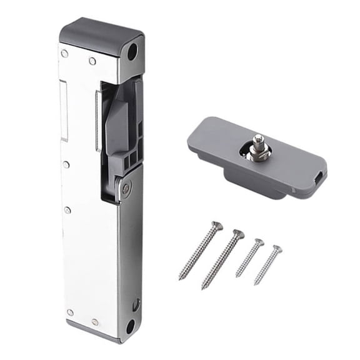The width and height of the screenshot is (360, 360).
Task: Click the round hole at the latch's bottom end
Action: pyautogui.click(x=130, y=326)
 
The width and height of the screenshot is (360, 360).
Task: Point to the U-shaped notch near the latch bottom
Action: pyautogui.click(x=135, y=306)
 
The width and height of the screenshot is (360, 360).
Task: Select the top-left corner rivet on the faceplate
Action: pyautogui.click(x=65, y=54)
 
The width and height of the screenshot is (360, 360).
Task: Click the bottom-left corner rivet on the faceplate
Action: pyautogui.click(x=70, y=312)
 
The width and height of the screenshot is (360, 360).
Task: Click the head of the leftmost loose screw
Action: pyautogui.click(x=217, y=226)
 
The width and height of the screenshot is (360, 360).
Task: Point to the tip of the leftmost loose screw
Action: pyautogui.click(x=181, y=278)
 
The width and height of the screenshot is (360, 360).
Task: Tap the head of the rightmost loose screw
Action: pyautogui.click(x=277, y=249)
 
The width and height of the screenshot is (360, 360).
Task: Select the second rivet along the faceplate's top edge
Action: pyautogui.click(x=92, y=61)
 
